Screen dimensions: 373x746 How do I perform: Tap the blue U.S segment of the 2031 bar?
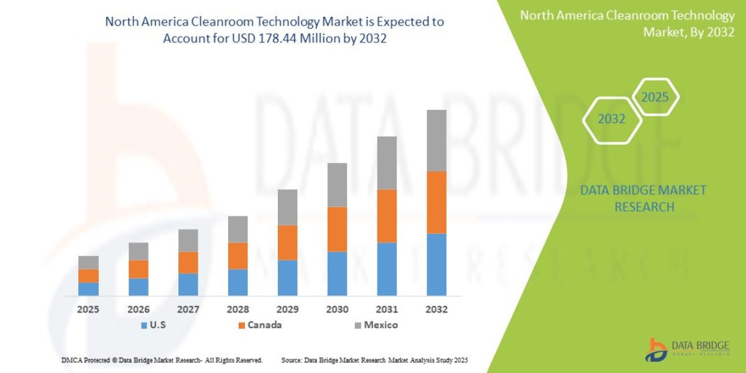(x=387, y=269)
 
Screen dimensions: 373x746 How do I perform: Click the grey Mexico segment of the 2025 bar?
(x=88, y=262)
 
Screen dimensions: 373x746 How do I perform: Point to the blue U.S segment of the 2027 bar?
(x=188, y=284)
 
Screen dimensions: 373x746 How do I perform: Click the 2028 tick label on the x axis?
(x=237, y=309)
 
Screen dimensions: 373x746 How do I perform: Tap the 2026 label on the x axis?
(x=138, y=309)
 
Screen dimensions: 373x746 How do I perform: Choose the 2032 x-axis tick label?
(x=436, y=309)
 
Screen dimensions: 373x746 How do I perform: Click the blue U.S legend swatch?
(x=144, y=325)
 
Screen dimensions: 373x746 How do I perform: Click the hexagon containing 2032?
(x=612, y=119)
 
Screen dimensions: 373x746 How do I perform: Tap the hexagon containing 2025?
(x=655, y=98)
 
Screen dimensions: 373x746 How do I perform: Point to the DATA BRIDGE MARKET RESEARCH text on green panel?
(x=643, y=198)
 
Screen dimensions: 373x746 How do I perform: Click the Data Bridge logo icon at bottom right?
(x=656, y=349)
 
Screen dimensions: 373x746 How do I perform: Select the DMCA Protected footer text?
(x=162, y=360)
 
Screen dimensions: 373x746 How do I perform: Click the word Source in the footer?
(x=292, y=360)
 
